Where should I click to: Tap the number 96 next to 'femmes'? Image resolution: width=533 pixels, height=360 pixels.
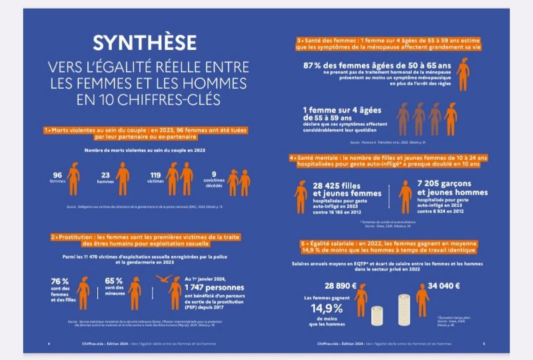click(x=57, y=175)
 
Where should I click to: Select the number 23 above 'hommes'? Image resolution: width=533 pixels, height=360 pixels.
click(x=106, y=175)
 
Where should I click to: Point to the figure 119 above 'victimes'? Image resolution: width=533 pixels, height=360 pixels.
click(x=155, y=175)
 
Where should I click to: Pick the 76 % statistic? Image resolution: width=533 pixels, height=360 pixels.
click(x=60, y=281)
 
